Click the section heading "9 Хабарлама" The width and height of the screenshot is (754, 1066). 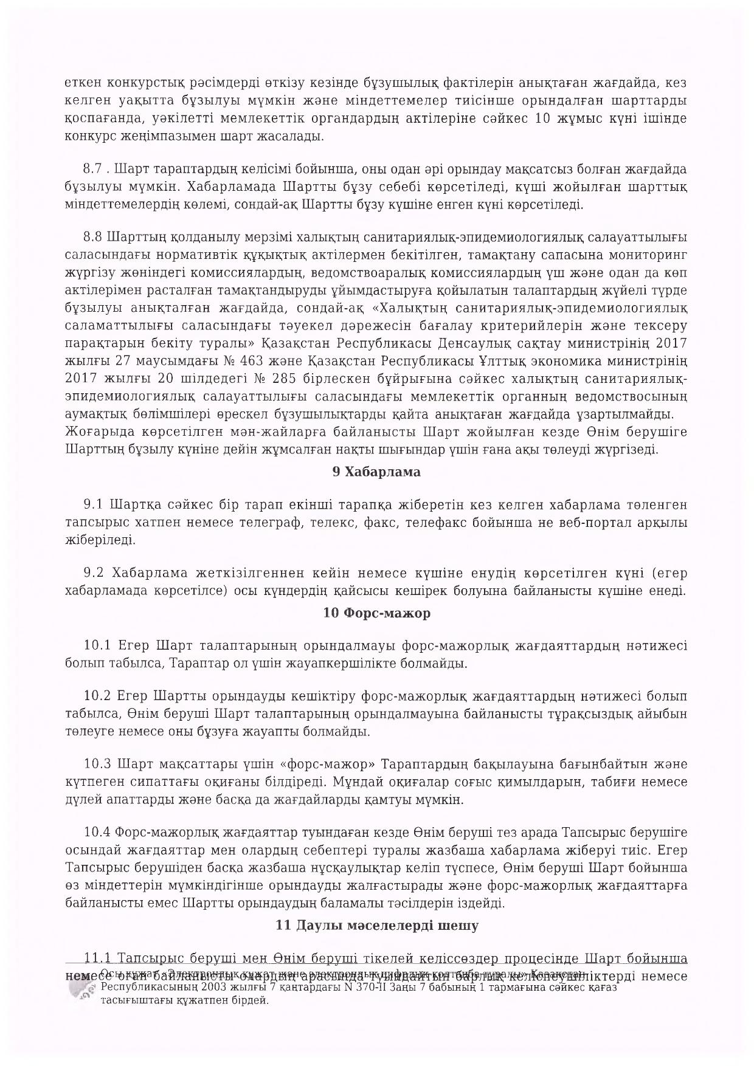click(376, 472)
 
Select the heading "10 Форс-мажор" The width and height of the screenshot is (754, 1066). click(376, 613)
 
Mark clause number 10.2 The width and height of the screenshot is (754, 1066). click(97, 696)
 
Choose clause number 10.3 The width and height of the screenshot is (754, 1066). click(97, 764)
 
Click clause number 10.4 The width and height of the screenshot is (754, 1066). click(97, 832)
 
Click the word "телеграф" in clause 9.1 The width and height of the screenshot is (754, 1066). click(276, 522)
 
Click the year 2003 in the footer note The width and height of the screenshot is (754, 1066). click(199, 987)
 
